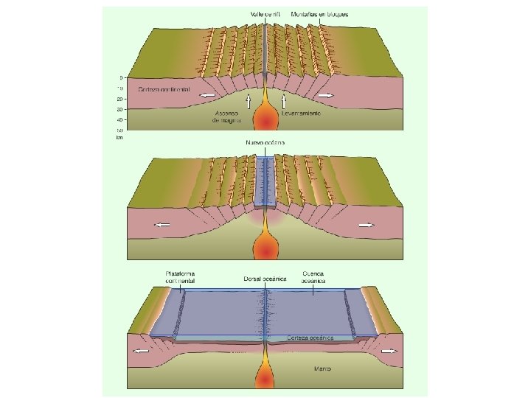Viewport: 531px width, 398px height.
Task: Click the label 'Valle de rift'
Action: point(267,14)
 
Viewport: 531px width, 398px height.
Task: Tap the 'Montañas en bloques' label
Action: point(320,14)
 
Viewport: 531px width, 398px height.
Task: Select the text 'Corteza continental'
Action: point(163,89)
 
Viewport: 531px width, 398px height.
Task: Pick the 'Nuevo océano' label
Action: point(264,142)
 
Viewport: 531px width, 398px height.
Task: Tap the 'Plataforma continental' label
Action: point(181,277)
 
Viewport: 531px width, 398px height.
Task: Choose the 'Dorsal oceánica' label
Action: point(264,279)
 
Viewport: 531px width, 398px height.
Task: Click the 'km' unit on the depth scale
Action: point(119,137)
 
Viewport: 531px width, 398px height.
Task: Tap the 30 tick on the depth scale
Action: point(119,109)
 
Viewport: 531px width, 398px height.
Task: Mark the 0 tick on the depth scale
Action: point(120,77)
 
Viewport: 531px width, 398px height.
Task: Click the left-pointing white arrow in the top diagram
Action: point(209,96)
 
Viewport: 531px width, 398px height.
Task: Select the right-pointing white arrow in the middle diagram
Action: point(367,225)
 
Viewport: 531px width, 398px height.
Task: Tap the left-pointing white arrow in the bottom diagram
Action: point(140,352)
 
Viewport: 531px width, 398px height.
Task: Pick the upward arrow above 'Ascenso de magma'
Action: point(249,101)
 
